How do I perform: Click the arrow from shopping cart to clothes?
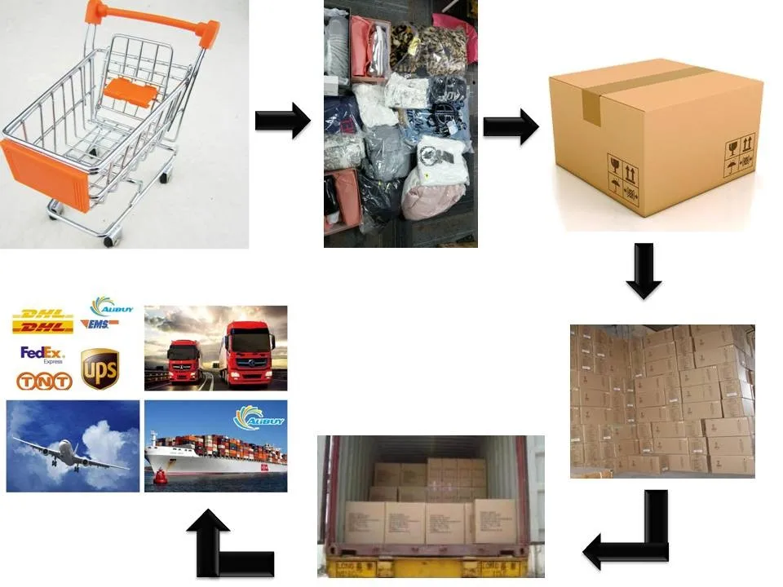(282, 121)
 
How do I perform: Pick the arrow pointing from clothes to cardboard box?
(511, 126)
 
